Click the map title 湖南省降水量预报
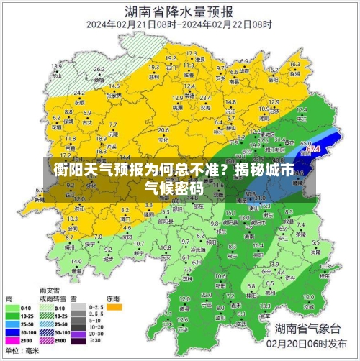(x=179, y=12)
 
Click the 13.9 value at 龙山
(x=56, y=66)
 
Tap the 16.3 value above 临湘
(x=294, y=64)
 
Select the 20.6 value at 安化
(x=163, y=130)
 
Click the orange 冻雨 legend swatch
(x=114, y=306)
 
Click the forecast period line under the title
(x=179, y=24)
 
